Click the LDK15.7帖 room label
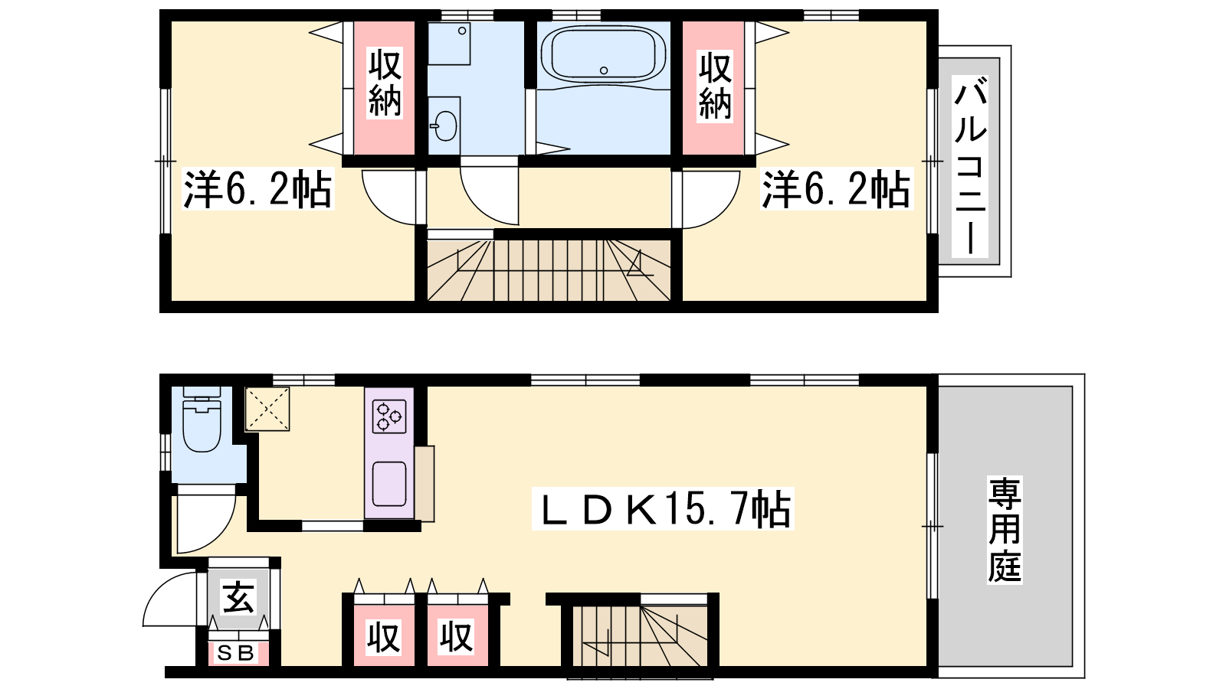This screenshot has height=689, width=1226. coord(663,508)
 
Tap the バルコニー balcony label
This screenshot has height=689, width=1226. coord(970,167)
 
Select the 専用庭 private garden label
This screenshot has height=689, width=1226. coord(1005,530)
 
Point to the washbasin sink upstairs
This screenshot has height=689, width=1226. coord(444,126)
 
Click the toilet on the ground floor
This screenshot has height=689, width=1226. coord(202,419)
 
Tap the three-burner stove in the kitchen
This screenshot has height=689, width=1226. coord(389,416)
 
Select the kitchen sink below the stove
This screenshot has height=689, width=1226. coord(389,483)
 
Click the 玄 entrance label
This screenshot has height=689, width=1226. coord(238,597)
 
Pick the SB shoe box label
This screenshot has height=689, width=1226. coord(236,653)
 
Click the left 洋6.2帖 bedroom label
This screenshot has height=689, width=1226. coord(257,189)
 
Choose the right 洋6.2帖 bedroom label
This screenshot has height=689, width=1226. coord(837,189)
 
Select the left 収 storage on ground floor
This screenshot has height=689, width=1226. coord(383,636)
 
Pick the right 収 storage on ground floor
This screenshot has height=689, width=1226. coord(457,636)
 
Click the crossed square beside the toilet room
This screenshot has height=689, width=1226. coord(267,409)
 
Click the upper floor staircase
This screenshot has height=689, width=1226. coord(549,270)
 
